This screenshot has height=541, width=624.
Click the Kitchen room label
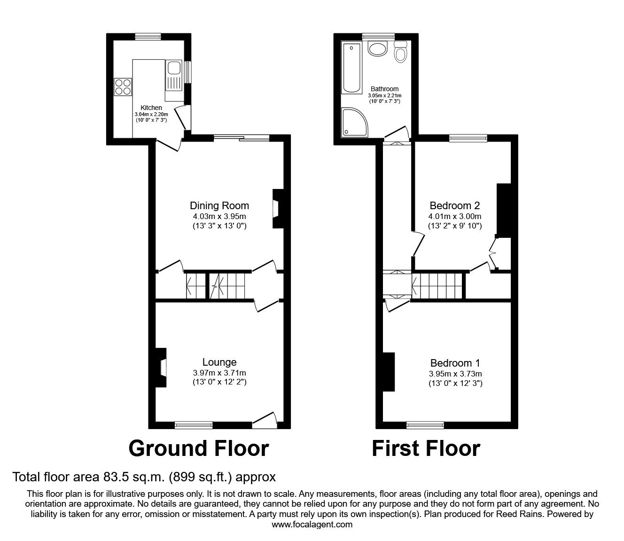click(x=151, y=108)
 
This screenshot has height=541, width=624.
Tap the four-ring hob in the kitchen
click(x=123, y=86)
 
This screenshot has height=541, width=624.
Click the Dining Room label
click(x=219, y=205)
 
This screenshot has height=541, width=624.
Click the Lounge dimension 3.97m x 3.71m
click(x=219, y=373)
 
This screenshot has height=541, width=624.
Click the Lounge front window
click(x=193, y=425)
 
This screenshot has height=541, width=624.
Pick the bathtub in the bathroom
click(x=351, y=68)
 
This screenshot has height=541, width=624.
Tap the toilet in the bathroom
click(x=400, y=52)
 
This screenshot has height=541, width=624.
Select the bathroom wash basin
click(x=377, y=49)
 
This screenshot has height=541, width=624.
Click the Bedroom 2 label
click(x=454, y=205)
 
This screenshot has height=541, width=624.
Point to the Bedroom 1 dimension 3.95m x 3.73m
click(x=455, y=374)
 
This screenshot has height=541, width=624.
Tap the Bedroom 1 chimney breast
click(x=388, y=371)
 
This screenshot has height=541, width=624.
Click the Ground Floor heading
click(x=198, y=448)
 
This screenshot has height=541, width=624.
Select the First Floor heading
click(x=426, y=448)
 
